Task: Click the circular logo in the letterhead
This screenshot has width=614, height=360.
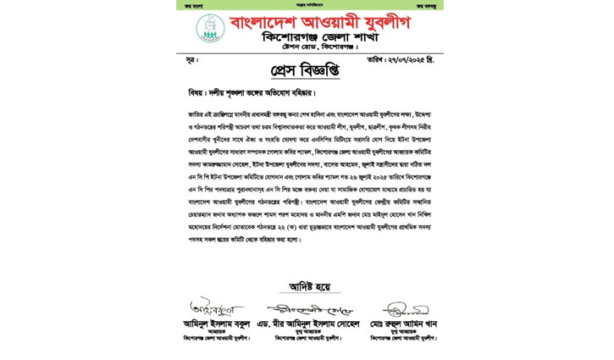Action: pyautogui.click(x=210, y=28)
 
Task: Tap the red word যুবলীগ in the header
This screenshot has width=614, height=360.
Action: pyautogui.click(x=380, y=23)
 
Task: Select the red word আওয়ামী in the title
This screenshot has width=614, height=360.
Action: pyautogui.click(x=323, y=23)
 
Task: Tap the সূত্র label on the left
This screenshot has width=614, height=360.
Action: pyautogui.click(x=191, y=61)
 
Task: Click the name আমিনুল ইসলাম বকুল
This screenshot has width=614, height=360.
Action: pyautogui.click(x=217, y=324)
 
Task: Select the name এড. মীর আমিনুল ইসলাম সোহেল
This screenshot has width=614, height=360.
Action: pyautogui.click(x=307, y=324)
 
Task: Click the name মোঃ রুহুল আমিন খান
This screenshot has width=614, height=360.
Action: pyautogui.click(x=403, y=324)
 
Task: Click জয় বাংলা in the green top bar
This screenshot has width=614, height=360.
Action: pyautogui.click(x=196, y=5)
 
